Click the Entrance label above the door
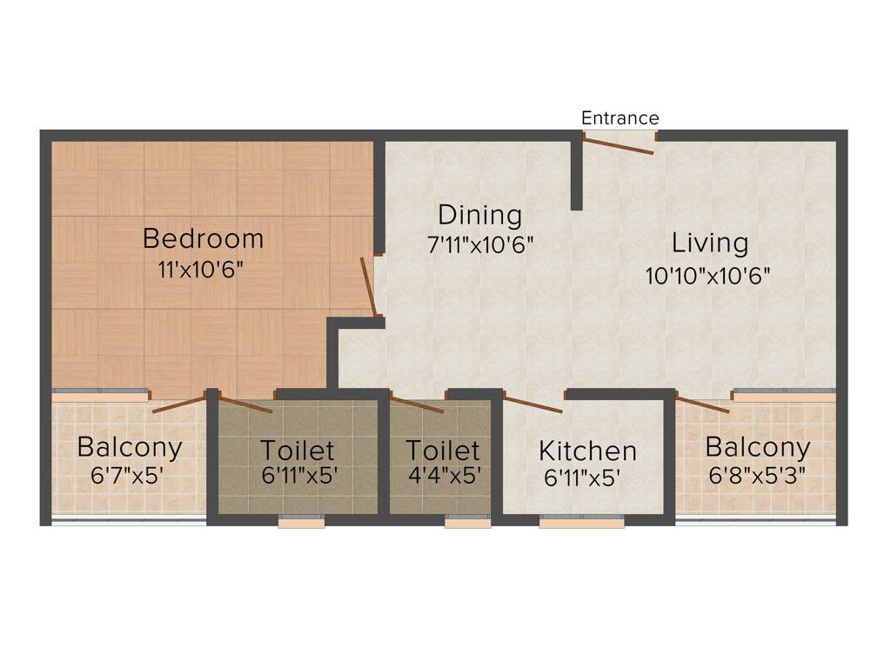coord(620,117)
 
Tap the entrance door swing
coord(618,145)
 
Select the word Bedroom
coord(203,237)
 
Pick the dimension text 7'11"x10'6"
coord(479,244)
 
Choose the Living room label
coord(710,242)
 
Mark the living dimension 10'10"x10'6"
coord(708,276)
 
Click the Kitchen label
coord(587,451)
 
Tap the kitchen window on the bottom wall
coord(581,522)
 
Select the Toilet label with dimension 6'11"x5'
coord(298,451)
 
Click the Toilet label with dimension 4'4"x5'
coord(443,451)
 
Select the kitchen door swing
coord(533,404)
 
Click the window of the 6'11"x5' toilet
coord(301,522)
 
